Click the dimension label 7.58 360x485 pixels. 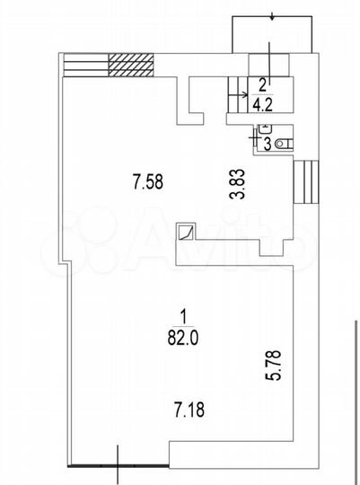coord(147,181)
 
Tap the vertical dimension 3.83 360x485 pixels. coord(239,184)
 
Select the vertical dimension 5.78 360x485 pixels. coord(274,365)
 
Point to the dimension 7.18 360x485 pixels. coord(189,410)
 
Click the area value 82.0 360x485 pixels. coord(183,338)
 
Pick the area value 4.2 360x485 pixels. coord(262,105)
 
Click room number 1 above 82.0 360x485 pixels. coord(183,317)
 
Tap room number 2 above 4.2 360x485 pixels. coord(262,85)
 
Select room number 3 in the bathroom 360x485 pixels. coord(268,144)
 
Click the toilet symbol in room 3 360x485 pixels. coord(284,144)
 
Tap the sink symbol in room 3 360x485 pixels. coord(265,128)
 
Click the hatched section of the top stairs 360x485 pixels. coord(131,65)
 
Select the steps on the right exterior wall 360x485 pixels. coord(305,181)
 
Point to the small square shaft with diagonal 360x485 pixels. coord(185,232)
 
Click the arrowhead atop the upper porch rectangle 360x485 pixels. coord(272,17)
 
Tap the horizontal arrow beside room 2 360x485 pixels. coord(238,95)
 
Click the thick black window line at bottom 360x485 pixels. coord(119,465)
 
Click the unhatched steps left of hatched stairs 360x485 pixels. coord(85,65)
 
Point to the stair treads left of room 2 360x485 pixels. coord(238,94)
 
